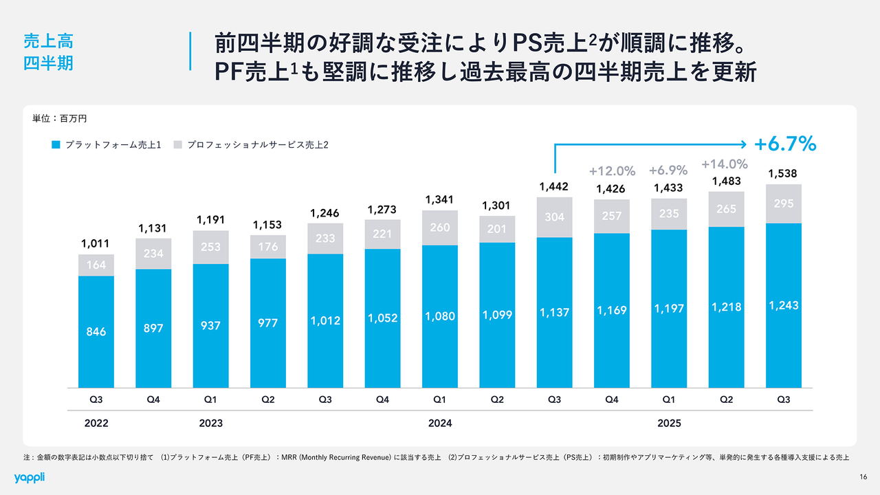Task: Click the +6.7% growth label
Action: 785,144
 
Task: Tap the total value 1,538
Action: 783,173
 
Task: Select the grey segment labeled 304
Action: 555,217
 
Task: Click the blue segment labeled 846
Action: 96,331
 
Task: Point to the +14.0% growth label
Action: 725,164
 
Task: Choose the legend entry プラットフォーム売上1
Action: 107,145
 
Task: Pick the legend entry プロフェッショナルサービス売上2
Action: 252,145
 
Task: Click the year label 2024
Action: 440,423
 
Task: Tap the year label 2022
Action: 96,423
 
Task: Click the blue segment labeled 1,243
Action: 783,305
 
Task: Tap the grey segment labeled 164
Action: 96,265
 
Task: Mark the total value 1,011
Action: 96,243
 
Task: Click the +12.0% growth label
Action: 612,170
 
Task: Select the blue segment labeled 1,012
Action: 325,321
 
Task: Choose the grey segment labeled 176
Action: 268,247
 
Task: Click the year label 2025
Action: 669,423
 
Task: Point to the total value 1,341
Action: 440,199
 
